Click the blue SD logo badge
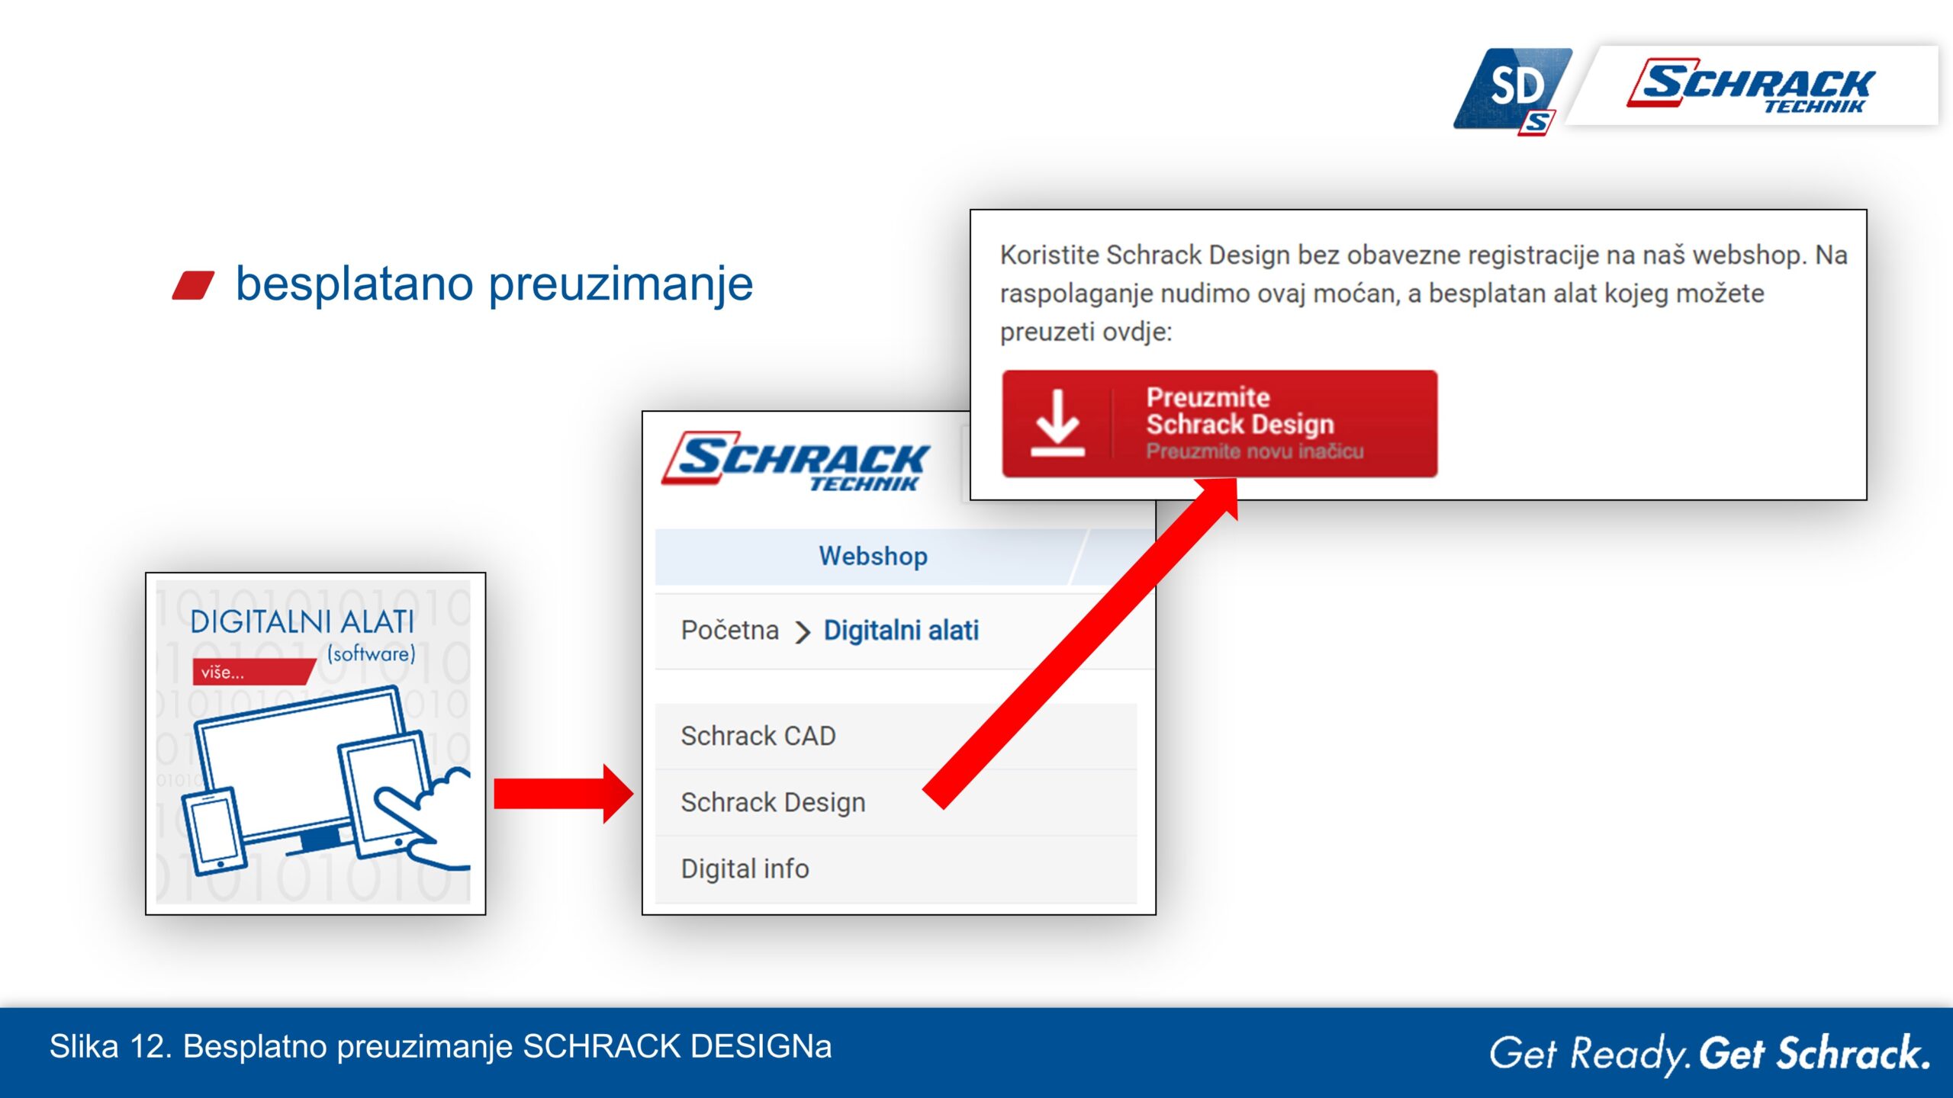pos(1512,91)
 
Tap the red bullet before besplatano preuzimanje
pos(193,285)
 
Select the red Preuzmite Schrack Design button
pos(1219,424)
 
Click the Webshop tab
pos(873,557)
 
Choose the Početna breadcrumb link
pos(729,631)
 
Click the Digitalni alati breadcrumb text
pos(901,631)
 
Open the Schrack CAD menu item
pos(758,736)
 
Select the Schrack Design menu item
pos(773,802)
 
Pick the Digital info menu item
pos(745,868)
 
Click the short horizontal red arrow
pos(563,794)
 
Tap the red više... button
pos(254,672)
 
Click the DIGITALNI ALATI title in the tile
pos(302,622)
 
